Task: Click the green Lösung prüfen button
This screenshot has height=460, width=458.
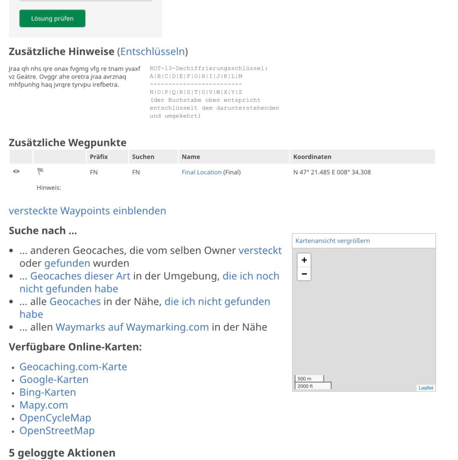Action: coord(52,19)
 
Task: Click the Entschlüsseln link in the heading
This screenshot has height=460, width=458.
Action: coord(152,52)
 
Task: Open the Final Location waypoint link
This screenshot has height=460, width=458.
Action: coord(201,172)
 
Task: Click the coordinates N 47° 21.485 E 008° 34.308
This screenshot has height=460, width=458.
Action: coord(332,172)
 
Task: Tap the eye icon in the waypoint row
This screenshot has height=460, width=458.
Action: coord(16,171)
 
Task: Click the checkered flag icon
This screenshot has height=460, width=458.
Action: coord(40,171)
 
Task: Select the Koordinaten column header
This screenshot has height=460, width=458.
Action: coord(312,157)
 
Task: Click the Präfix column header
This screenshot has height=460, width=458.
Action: coord(99,157)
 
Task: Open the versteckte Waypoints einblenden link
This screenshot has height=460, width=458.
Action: coord(87,211)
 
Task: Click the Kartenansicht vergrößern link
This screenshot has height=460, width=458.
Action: coord(333,241)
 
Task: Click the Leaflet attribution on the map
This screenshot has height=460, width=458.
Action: coord(426,388)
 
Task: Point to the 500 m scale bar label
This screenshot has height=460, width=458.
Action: coord(305,378)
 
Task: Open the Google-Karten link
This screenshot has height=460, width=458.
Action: coord(54,380)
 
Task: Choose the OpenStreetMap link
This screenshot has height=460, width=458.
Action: coord(57,431)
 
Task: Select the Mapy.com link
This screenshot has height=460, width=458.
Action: coord(44,405)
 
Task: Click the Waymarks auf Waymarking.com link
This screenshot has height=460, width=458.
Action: coord(132,327)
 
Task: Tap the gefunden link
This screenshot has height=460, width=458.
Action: coord(67,263)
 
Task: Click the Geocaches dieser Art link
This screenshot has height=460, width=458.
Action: coord(80,276)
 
